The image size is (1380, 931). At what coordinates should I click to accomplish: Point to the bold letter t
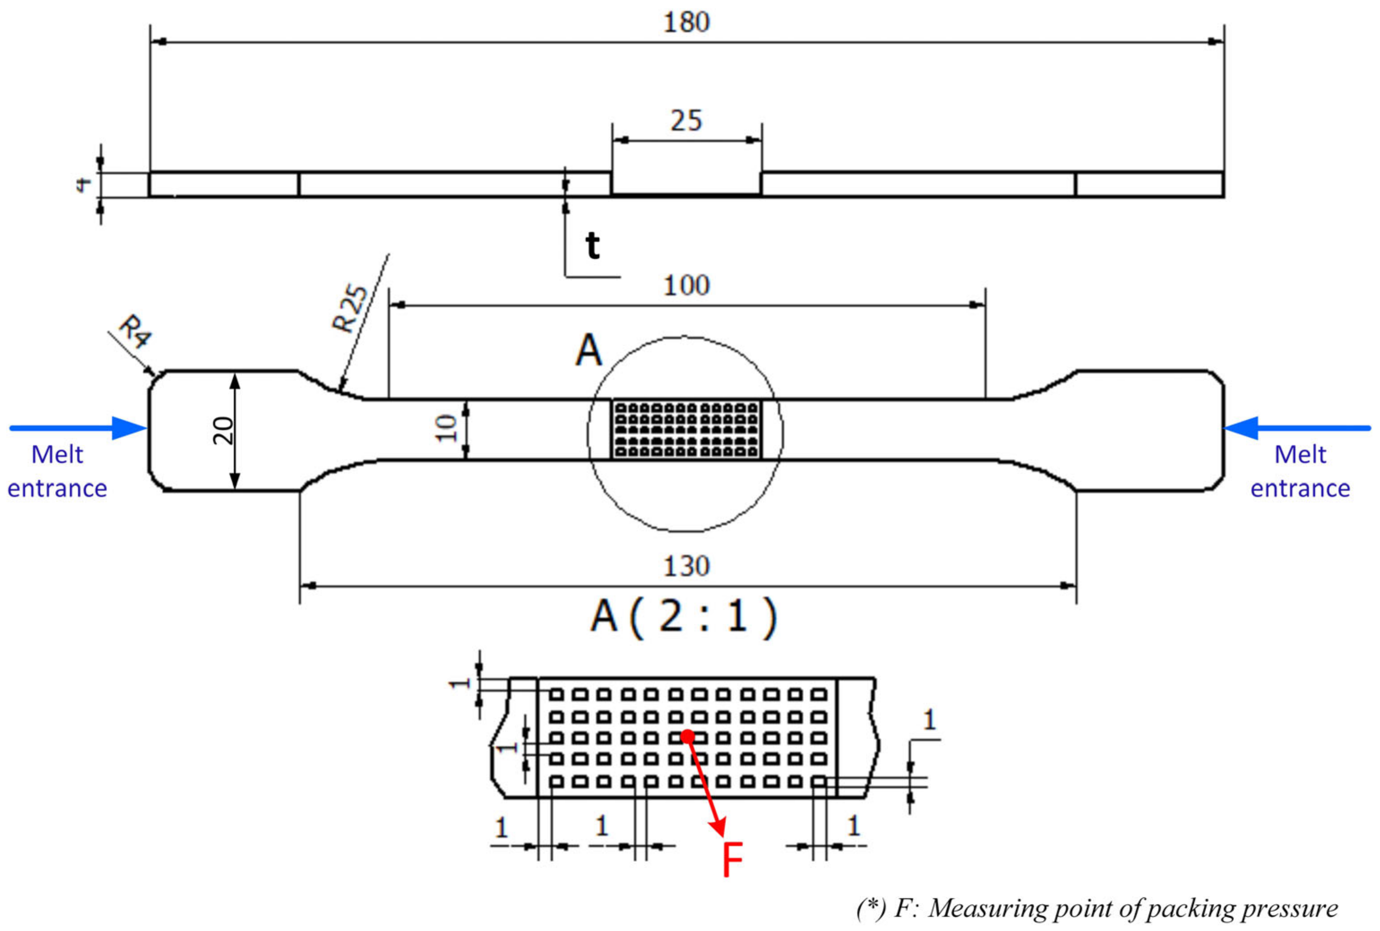point(592,245)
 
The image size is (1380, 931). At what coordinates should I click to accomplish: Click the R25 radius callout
point(350,309)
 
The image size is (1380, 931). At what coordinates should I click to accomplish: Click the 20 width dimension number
point(223,430)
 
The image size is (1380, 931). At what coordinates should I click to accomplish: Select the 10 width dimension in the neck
point(447,429)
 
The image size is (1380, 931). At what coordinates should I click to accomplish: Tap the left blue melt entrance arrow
point(77,428)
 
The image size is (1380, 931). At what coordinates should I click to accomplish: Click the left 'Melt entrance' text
point(57,472)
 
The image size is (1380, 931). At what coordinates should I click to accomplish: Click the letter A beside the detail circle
point(589,352)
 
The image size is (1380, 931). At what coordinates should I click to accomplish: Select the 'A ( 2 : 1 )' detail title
point(683,618)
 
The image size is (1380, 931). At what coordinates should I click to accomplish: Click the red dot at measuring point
point(687,737)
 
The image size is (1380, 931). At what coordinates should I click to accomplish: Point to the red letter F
point(732,861)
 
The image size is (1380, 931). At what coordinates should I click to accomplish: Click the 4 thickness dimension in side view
point(84,184)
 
